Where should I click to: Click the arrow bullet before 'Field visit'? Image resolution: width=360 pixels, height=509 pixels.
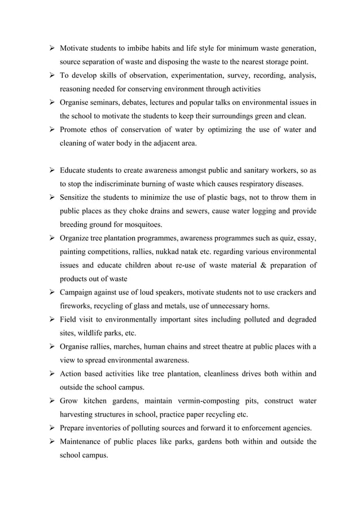(x=51, y=319)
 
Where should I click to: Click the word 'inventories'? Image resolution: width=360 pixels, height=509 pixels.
(x=108, y=427)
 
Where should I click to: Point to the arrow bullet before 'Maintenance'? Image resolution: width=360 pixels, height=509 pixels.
(x=51, y=441)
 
